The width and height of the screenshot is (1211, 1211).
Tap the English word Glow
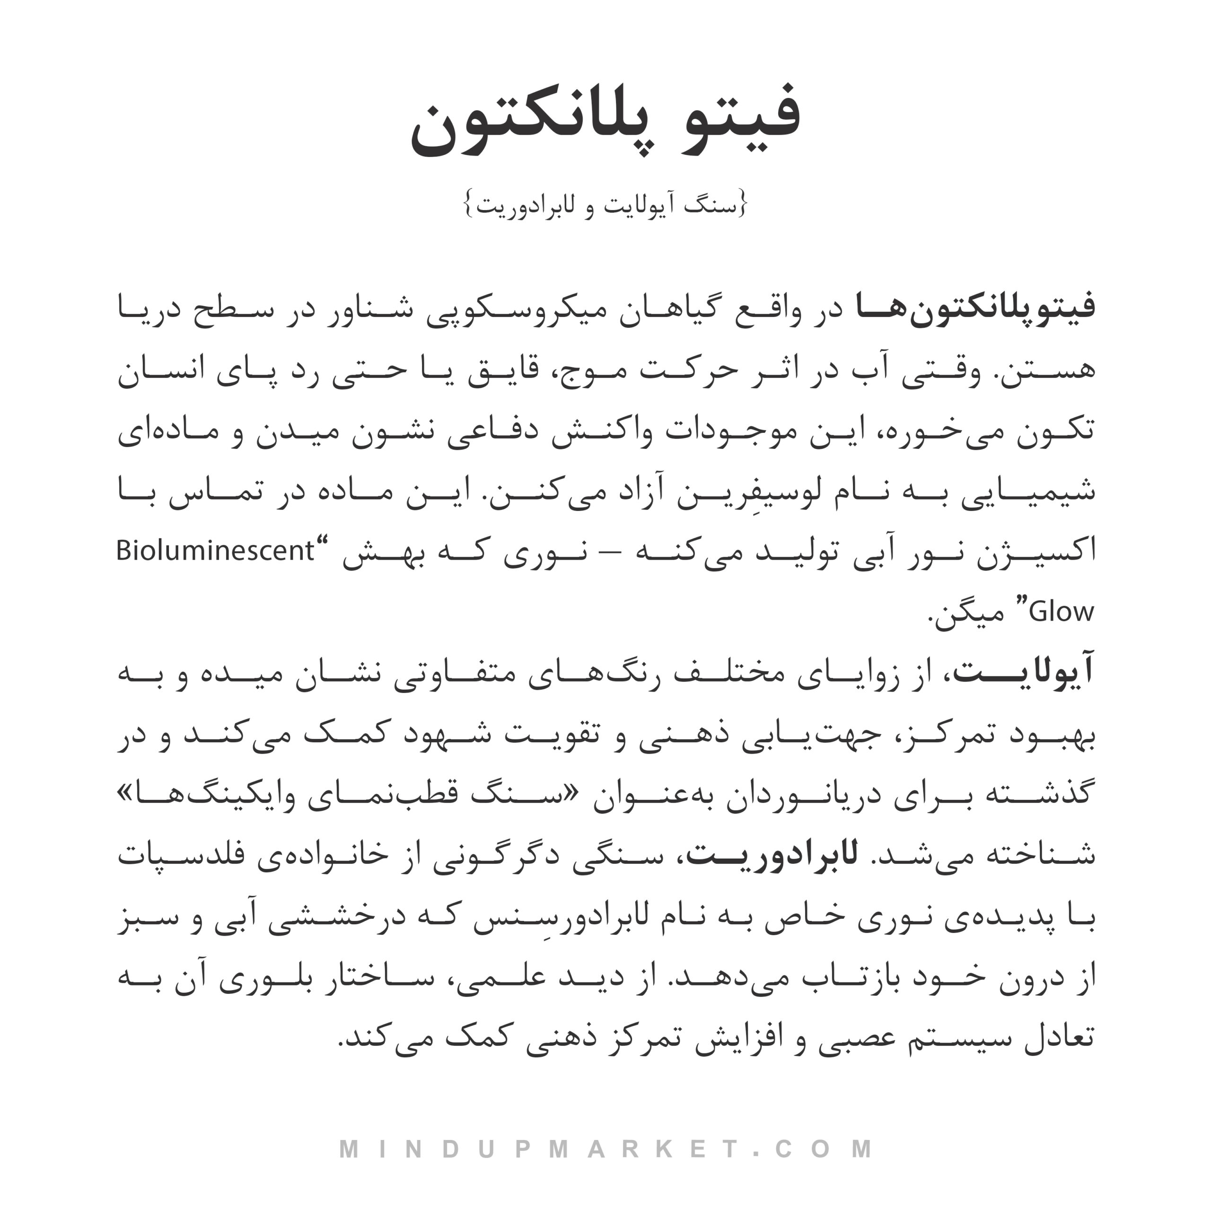point(1062,612)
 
